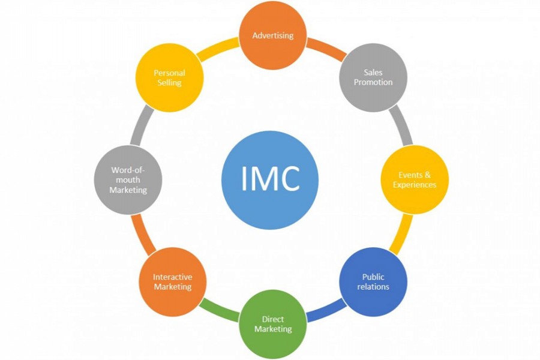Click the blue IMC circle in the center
(269, 179)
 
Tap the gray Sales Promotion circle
(373, 77)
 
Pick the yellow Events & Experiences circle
(415, 179)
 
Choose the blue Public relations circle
(373, 282)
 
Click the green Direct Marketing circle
(273, 324)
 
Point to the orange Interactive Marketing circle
(172, 282)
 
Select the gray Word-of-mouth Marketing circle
(128, 179)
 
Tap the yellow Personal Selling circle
(169, 77)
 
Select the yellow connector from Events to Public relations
(401, 235)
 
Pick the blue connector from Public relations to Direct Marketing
(326, 310)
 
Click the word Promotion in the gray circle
(373, 82)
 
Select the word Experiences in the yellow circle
(415, 185)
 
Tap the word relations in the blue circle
(373, 287)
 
